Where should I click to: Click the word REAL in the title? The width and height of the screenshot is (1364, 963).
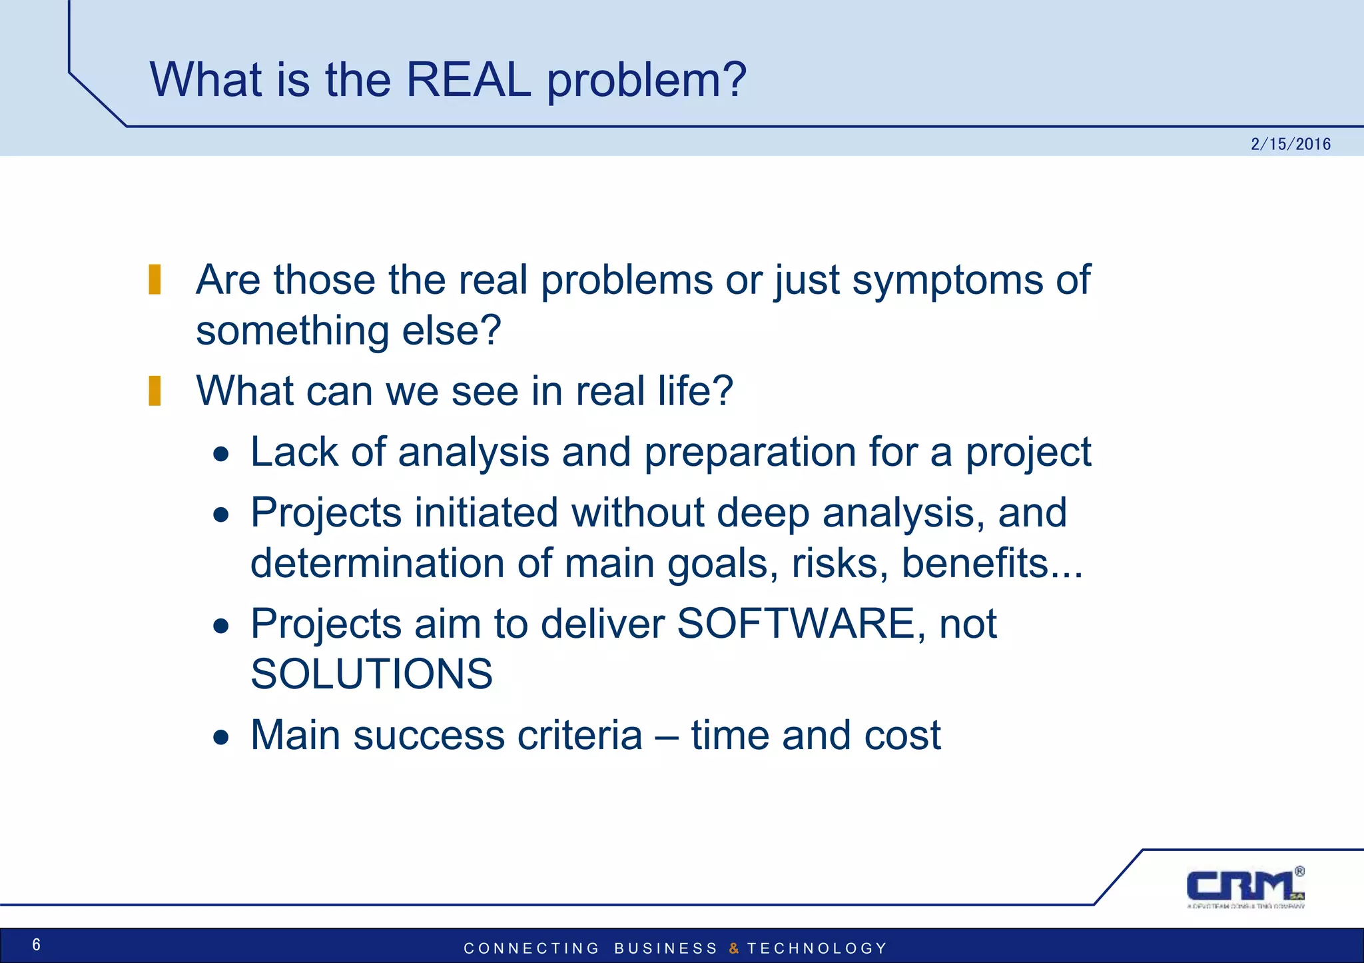click(468, 80)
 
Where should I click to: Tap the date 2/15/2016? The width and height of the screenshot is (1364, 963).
click(1290, 144)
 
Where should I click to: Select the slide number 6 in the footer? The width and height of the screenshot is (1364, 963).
click(36, 944)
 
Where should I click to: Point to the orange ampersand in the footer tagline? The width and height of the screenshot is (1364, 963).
click(734, 948)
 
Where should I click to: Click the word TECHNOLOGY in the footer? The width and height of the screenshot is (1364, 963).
click(817, 948)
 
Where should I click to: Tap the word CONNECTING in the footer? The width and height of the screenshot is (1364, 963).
click(531, 948)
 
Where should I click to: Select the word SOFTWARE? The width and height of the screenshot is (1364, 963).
click(795, 624)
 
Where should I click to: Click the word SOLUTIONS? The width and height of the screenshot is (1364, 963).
click(372, 674)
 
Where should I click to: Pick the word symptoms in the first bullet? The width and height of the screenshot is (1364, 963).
click(946, 280)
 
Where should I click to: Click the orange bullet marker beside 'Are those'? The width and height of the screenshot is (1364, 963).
click(155, 279)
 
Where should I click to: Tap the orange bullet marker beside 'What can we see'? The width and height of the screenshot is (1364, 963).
click(155, 391)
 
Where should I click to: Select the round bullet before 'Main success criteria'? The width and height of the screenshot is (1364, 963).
click(221, 738)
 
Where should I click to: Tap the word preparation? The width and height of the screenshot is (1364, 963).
click(750, 453)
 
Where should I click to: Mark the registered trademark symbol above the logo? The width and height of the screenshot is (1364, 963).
click(1299, 871)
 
